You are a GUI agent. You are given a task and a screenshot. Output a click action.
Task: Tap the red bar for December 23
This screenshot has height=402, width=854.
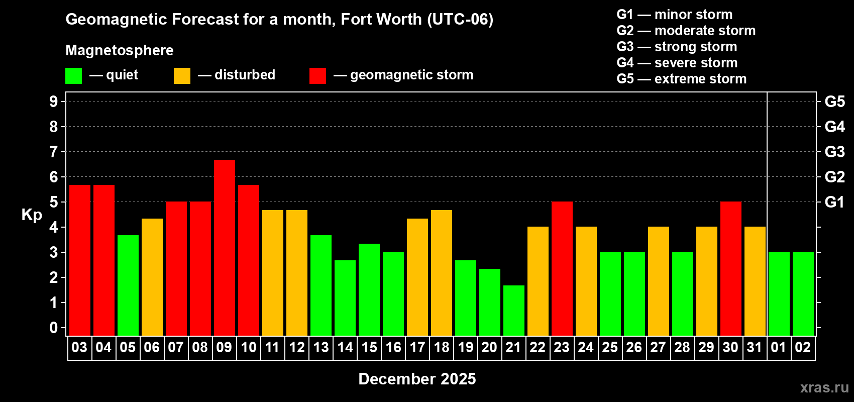562,268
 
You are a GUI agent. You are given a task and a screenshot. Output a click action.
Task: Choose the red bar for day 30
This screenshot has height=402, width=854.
731,268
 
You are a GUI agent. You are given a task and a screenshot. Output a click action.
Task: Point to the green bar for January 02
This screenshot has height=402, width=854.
803,293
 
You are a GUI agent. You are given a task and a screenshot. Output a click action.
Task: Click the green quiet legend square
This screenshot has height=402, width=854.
74,76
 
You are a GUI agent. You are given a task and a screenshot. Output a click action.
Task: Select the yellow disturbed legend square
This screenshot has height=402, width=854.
182,76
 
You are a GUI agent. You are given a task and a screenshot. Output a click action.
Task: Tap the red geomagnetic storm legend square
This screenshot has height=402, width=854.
317,76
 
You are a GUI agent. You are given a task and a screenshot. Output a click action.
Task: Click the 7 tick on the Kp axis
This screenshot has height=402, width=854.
54,152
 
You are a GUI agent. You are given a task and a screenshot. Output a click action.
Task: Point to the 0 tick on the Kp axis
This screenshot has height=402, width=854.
54,328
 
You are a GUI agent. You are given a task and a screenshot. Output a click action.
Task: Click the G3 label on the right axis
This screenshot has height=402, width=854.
834,152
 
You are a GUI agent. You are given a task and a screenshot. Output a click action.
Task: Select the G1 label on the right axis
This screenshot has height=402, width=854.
834,202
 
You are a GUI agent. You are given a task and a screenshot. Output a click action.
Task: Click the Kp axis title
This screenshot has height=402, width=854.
32,215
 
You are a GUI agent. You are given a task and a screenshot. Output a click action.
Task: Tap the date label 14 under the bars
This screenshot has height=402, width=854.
345,347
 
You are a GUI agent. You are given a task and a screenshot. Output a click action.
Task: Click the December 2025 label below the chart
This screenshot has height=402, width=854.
417,379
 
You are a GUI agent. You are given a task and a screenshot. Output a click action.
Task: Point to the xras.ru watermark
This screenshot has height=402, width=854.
824,387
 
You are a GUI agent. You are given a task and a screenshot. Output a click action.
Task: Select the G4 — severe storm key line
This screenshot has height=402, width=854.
677,63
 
